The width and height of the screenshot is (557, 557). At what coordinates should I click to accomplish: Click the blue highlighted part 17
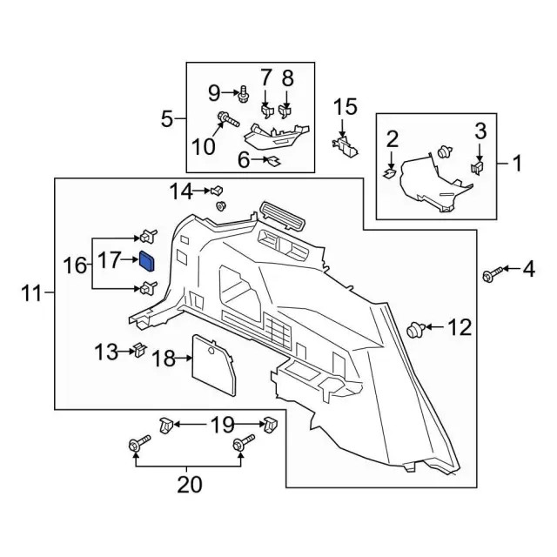pos(147,261)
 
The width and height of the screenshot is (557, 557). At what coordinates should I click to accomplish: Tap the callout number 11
pos(30,294)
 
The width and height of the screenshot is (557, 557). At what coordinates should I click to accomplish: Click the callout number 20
pos(187,485)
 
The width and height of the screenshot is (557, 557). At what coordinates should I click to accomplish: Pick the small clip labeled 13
pos(138,351)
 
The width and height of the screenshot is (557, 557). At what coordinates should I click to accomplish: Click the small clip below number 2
pos(390,172)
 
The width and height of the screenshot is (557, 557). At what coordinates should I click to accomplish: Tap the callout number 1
pos(518,162)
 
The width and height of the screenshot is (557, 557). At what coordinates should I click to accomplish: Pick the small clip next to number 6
pos(272,161)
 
